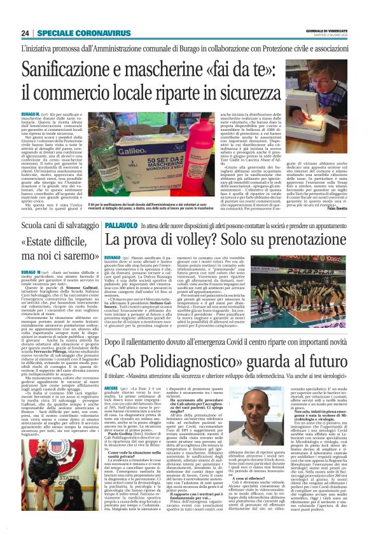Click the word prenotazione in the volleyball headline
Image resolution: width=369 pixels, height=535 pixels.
click(x=302, y=241)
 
